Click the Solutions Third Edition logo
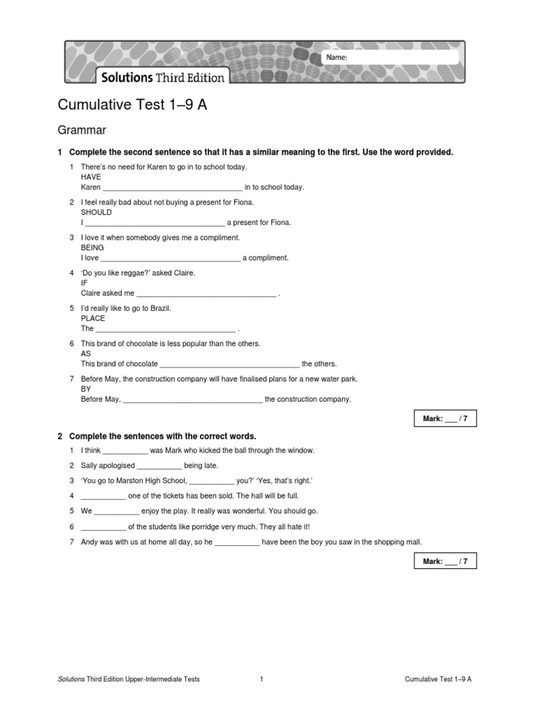click(163, 77)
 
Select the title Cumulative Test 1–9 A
click(132, 105)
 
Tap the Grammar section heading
click(82, 130)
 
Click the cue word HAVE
click(91, 177)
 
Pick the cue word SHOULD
click(96, 213)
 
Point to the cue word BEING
click(93, 248)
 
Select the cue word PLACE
click(93, 318)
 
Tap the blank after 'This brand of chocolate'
click(230, 365)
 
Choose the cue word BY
click(86, 389)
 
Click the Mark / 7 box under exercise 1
click(445, 418)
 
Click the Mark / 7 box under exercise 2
click(445, 561)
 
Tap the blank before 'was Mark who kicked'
click(125, 451)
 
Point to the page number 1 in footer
click(261, 679)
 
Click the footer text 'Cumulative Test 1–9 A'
click(437, 679)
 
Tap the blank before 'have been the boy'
click(237, 542)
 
